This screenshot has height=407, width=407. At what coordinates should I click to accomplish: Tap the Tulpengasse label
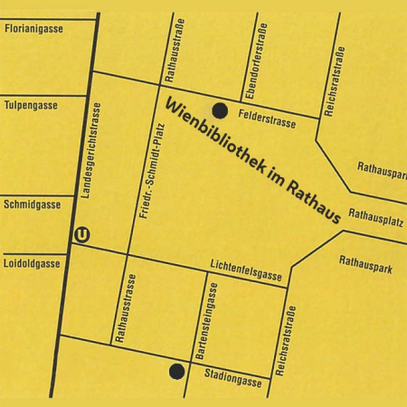coord(32,105)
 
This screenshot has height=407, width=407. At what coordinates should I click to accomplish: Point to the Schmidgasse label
coord(33,204)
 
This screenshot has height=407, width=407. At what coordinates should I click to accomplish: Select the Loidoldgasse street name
coord(33,263)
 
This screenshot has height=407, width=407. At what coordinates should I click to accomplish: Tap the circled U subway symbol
coord(83,234)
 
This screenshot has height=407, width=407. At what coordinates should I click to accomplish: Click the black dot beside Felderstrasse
coord(220,110)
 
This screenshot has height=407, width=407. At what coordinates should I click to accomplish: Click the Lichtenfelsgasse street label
coord(247,268)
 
